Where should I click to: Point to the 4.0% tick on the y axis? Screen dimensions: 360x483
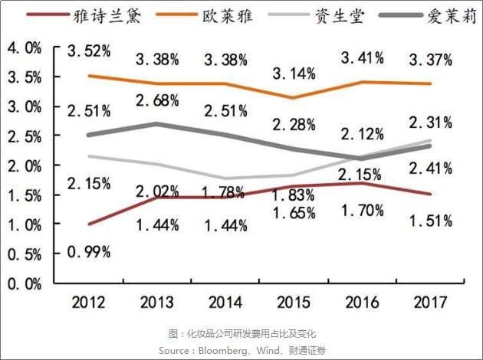coord(23,48)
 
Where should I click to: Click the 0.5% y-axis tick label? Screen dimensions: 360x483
coord(23,254)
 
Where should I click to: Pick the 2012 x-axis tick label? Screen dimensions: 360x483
coord(87,303)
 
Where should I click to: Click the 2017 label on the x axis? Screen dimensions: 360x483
coord(430,303)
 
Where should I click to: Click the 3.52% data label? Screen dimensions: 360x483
coord(88,52)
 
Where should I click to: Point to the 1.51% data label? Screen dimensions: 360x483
coord(430,221)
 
